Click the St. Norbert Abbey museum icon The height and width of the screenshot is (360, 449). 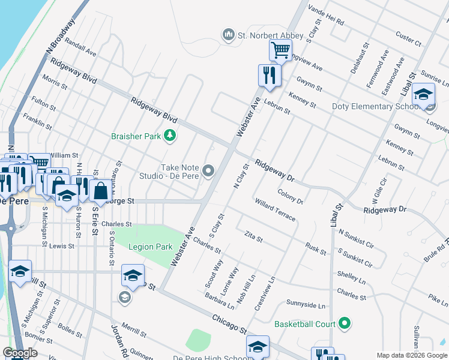click(x=228, y=35)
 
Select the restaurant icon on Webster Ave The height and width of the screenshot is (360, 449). click(x=269, y=75)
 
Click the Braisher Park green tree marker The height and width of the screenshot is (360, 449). click(x=170, y=136)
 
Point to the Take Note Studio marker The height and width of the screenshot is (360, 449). click(x=208, y=172)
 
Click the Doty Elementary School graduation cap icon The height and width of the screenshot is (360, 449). click(x=424, y=95)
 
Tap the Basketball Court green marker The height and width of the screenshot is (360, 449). click(x=345, y=324)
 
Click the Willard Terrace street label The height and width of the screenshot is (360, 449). click(x=275, y=210)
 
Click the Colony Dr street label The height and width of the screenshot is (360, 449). click(x=291, y=196)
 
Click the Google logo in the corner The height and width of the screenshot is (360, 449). click(x=20, y=353)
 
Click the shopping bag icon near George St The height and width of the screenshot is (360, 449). click(x=101, y=191)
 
